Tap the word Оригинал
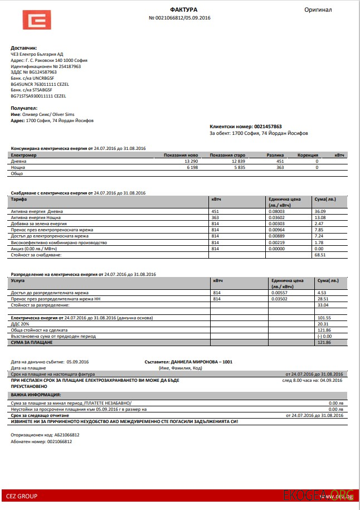pos(318,9)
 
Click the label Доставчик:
pos(23,48)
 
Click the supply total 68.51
pos(319,255)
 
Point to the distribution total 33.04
pos(323,305)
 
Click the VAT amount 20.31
pos(323,324)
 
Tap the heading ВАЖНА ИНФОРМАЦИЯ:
pos(37,394)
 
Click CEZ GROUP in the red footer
pos(22,496)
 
